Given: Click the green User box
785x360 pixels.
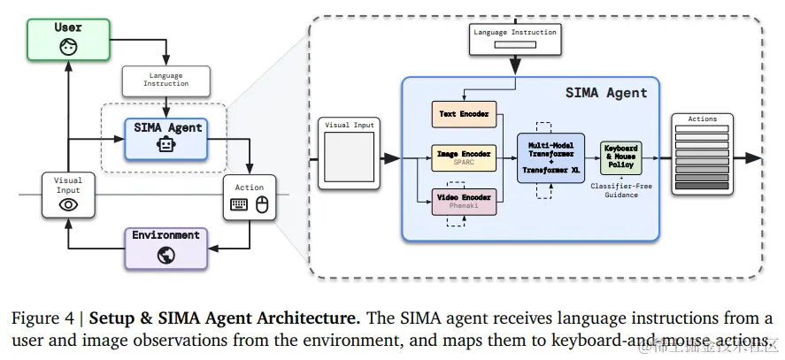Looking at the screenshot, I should tap(67, 39).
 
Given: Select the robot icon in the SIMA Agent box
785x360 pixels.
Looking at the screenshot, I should tap(166, 146).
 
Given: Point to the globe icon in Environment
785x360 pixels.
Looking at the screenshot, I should tap(166, 255).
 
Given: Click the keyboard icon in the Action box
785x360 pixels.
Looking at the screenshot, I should tap(239, 203).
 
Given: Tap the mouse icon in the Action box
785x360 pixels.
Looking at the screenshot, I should tap(261, 203).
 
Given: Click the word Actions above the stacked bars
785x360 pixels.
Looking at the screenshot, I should tap(702, 119).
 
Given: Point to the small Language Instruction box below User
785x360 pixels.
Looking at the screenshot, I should tap(165, 80).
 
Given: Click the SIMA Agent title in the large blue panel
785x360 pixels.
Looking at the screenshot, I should tap(606, 92).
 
